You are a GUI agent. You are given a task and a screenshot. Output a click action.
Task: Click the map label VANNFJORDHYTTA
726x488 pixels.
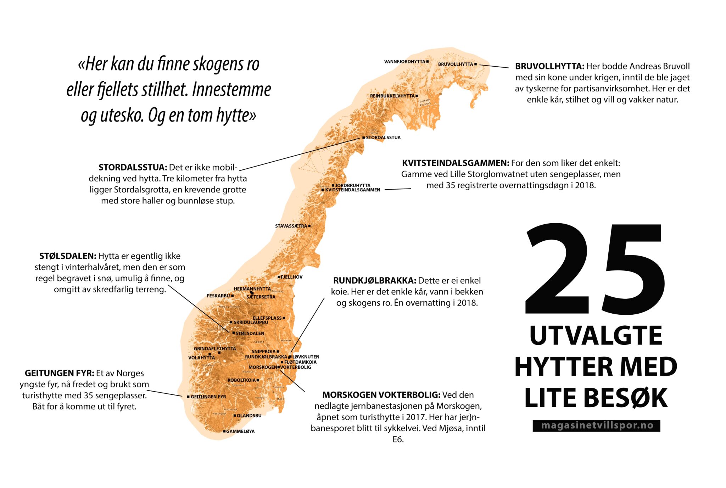[x=404, y=62]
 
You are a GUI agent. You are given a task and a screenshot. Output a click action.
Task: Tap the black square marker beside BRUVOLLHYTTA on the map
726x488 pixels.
[x=476, y=64]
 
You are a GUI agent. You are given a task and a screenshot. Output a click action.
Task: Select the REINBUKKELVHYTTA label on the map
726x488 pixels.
[x=392, y=96]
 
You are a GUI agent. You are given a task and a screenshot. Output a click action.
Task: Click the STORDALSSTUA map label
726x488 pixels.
[x=383, y=138]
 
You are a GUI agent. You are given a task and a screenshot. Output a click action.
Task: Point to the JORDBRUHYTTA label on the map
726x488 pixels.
[x=353, y=185]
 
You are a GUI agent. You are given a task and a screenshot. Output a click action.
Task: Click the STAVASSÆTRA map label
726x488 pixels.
[x=291, y=226]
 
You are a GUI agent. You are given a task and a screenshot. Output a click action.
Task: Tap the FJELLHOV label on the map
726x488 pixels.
[x=292, y=277]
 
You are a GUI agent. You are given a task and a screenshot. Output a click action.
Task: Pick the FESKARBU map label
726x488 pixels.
[x=218, y=296]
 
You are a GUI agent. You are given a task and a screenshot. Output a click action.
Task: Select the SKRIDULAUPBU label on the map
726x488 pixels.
[x=251, y=322]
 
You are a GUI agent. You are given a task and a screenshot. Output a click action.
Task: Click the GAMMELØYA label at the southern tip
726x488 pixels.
[x=240, y=432]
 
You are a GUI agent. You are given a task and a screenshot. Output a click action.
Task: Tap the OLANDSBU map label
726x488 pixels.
[x=249, y=416]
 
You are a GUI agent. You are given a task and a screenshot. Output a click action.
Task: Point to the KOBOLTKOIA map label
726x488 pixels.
[x=241, y=380]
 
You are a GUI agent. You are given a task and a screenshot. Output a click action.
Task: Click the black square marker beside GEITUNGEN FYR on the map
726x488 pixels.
[x=188, y=397]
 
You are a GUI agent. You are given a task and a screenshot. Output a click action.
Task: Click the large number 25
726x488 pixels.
[x=595, y=269]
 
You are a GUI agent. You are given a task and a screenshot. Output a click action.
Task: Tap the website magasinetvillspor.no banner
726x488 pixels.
[x=596, y=426]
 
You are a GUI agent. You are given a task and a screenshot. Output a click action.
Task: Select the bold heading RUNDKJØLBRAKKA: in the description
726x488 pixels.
[x=374, y=281]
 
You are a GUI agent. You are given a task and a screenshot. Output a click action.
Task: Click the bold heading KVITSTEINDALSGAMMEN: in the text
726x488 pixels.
[x=455, y=163]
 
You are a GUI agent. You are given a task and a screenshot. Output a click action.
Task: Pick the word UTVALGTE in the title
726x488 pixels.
[x=596, y=336]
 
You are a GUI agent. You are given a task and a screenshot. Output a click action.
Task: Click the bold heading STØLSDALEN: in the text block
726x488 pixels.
[x=67, y=256]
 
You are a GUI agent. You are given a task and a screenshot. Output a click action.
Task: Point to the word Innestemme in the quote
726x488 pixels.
[x=231, y=89]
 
